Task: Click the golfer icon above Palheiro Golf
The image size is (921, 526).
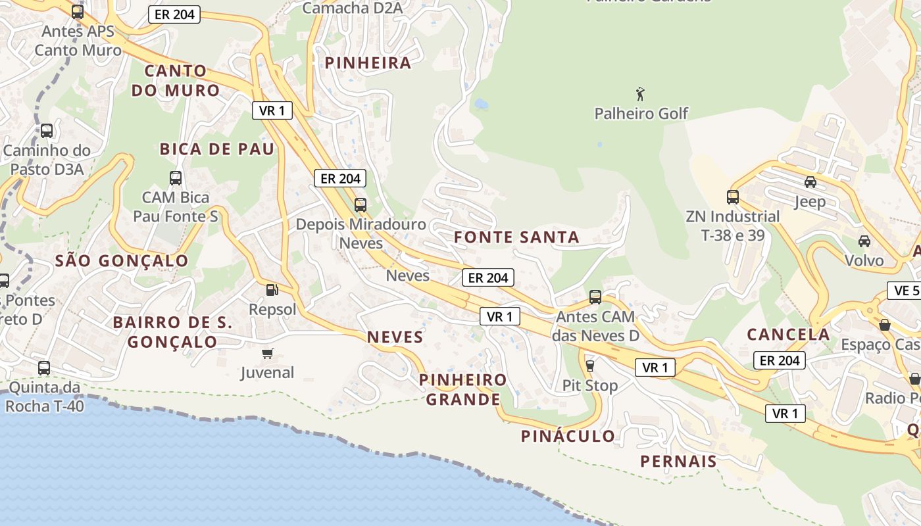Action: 640,94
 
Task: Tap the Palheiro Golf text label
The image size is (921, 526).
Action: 641,114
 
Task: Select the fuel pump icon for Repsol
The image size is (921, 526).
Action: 272,289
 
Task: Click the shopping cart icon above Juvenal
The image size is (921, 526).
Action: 267,353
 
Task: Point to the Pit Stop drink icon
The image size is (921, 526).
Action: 589,366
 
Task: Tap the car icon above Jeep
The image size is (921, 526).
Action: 810,182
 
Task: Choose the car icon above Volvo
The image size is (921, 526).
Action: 864,241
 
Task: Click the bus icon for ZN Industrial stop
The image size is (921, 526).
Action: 732,197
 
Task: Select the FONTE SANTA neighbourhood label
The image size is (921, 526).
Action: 517,237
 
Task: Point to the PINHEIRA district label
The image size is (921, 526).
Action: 368,63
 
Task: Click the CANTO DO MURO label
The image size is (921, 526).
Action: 175,80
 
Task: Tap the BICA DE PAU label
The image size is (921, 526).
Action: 216,149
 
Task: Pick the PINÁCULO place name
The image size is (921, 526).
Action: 568,436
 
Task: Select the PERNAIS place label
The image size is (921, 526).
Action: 678,462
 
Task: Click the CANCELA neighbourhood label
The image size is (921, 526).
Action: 788,334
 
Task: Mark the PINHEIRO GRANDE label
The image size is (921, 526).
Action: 463,390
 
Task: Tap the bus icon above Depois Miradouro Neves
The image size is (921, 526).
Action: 360,204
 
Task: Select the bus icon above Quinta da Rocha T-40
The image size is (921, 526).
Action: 44,368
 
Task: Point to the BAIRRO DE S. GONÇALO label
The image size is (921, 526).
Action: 172,332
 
